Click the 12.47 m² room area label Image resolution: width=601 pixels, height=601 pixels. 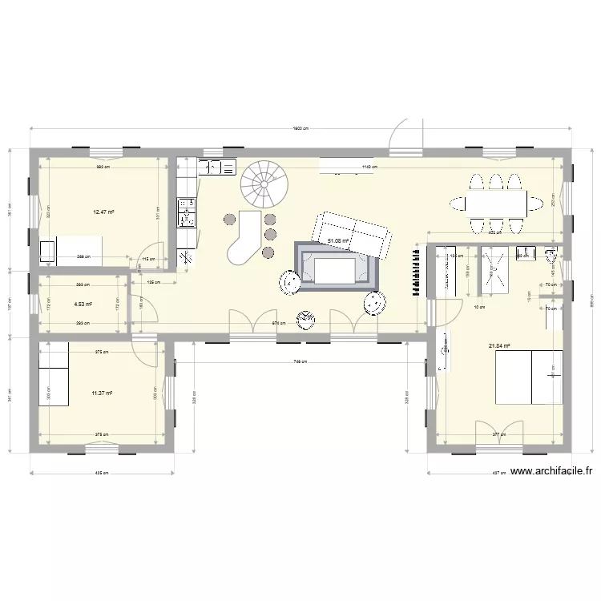pyautogui.click(x=103, y=212)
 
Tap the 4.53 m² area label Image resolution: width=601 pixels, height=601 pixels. pyautogui.click(x=83, y=305)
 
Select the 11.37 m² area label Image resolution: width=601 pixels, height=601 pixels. pyautogui.click(x=101, y=393)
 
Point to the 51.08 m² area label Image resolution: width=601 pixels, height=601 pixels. pyautogui.click(x=338, y=240)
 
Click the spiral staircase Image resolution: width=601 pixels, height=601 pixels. pyautogui.click(x=264, y=184)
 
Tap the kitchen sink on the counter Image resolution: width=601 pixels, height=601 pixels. pyautogui.click(x=217, y=167)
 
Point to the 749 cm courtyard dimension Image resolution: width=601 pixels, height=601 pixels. pyautogui.click(x=298, y=361)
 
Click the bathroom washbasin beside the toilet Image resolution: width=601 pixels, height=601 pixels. pyautogui.click(x=525, y=253)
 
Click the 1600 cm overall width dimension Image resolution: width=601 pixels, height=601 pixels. pyautogui.click(x=300, y=129)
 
